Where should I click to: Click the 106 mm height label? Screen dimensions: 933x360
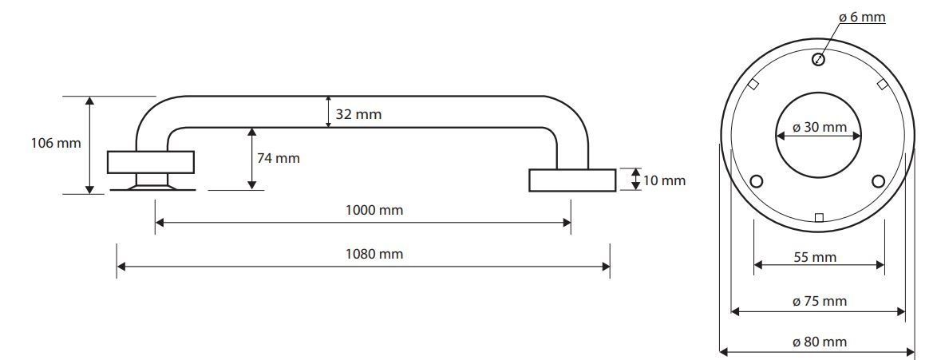(x=56, y=144)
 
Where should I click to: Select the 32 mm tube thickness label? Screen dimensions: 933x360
(x=358, y=114)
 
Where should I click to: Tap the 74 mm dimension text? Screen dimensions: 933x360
(x=279, y=158)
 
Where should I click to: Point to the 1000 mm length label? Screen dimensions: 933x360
(x=374, y=210)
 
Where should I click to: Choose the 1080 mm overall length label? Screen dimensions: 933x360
(x=374, y=254)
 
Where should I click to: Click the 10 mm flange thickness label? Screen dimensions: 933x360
(x=664, y=180)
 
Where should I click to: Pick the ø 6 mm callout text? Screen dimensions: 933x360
(x=862, y=18)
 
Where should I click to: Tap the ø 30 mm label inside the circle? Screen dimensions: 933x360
(x=820, y=128)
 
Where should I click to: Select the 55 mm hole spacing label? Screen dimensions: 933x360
(x=815, y=257)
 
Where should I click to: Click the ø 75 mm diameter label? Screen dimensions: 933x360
(x=820, y=301)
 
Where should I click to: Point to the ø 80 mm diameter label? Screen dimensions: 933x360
(x=820, y=342)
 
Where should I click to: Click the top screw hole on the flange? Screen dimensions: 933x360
(x=819, y=59)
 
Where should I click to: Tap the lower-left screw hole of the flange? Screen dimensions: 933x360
(x=757, y=181)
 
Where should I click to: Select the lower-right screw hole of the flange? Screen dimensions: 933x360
(x=879, y=181)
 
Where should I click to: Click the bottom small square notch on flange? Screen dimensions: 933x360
(x=819, y=217)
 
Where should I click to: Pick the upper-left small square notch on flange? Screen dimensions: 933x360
(x=753, y=85)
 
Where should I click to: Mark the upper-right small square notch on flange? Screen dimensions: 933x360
(x=883, y=85)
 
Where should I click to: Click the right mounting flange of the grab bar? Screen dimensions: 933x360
(x=572, y=180)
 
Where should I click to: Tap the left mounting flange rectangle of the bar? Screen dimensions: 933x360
(x=151, y=163)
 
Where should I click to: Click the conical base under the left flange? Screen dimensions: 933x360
(x=152, y=187)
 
